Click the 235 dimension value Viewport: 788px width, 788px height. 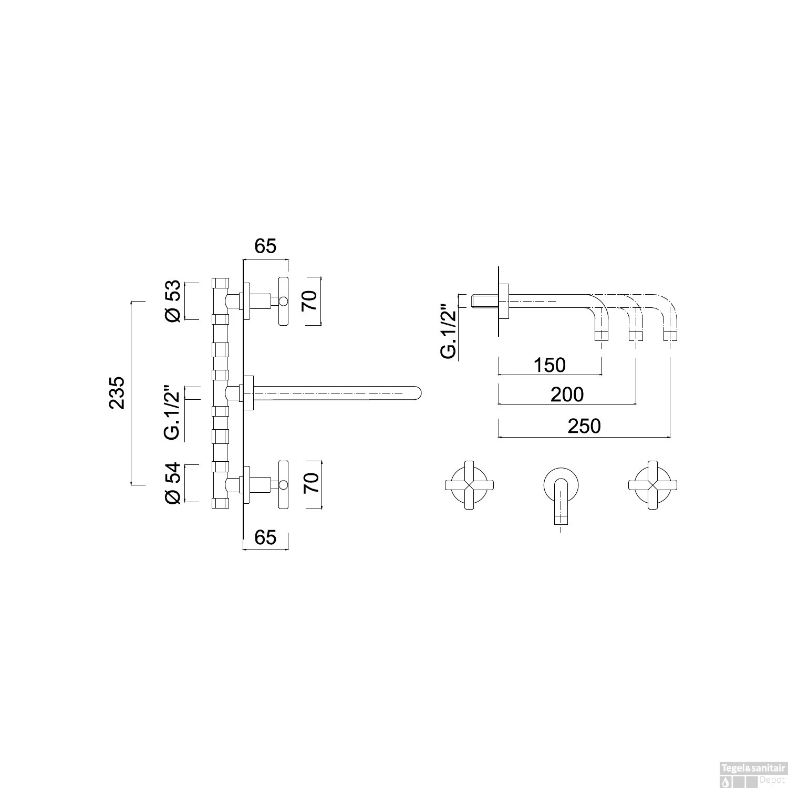(117, 392)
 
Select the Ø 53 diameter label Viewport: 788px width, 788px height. (173, 301)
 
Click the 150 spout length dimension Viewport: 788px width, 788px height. (549, 365)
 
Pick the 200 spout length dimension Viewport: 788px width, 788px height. (567, 394)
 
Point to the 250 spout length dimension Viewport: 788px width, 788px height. (584, 426)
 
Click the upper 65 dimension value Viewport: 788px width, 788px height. (265, 246)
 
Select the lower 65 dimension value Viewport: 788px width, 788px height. (265, 537)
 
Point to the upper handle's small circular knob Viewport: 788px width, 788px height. (283, 302)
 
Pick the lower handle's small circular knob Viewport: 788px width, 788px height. (283, 484)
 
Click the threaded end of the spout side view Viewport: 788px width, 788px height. (480, 302)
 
